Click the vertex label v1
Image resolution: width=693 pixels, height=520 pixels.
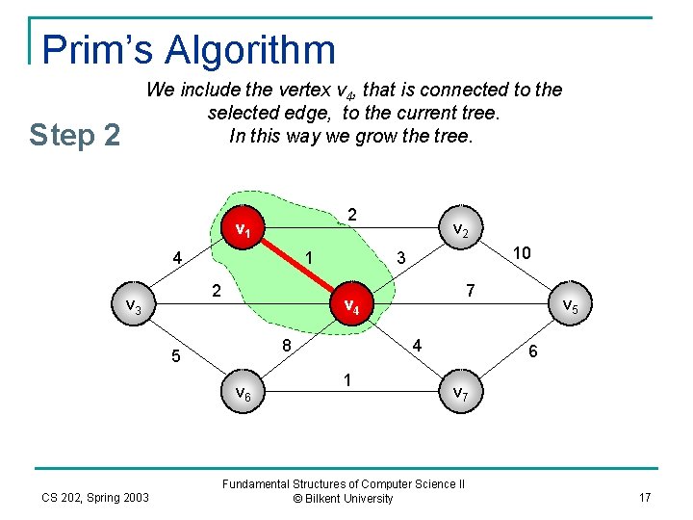pyautogui.click(x=244, y=230)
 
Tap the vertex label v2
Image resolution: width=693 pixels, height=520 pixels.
pyautogui.click(x=460, y=230)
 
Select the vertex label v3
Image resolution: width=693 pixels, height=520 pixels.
pyautogui.click(x=134, y=306)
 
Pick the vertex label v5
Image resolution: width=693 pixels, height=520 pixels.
pyautogui.click(x=569, y=306)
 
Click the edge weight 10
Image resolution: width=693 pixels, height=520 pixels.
pyautogui.click(x=523, y=252)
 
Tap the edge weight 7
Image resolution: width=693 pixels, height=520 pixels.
pyautogui.click(x=469, y=290)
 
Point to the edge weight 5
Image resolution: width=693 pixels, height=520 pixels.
pyautogui.click(x=174, y=356)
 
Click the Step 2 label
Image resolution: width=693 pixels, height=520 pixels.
pyautogui.click(x=75, y=135)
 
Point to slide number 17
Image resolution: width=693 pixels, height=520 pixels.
pyautogui.click(x=644, y=497)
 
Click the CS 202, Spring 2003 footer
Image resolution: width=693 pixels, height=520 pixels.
pyautogui.click(x=95, y=497)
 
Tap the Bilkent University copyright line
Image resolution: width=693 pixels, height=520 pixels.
pyautogui.click(x=344, y=499)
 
